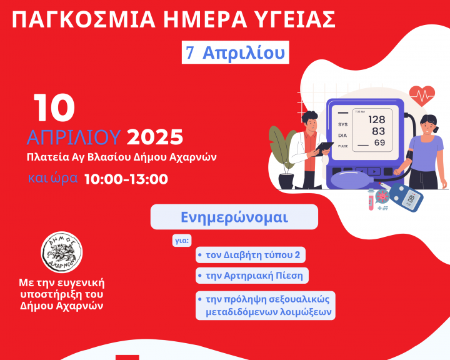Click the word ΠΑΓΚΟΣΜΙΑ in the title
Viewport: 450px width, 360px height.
(x=84, y=19)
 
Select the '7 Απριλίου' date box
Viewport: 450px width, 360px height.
(x=236, y=52)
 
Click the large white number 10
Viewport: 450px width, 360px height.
(x=54, y=107)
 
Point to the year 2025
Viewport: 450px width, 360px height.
(x=155, y=137)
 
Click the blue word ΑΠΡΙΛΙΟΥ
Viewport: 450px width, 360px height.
(x=74, y=137)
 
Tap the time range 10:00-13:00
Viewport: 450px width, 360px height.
(x=126, y=179)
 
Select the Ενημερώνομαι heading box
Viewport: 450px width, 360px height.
(x=234, y=217)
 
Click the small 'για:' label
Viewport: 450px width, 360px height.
(x=182, y=241)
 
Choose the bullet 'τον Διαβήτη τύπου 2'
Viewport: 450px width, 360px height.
(x=250, y=255)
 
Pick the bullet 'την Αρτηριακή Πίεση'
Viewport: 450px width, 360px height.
(x=252, y=276)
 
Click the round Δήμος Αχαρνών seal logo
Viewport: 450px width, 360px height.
(x=61, y=252)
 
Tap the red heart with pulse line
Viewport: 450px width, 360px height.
(x=422, y=96)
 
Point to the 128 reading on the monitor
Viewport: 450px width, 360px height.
(x=376, y=119)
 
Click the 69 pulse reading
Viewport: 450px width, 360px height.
(x=379, y=142)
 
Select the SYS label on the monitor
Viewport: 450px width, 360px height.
(x=342, y=124)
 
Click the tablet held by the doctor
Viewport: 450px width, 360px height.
(x=324, y=148)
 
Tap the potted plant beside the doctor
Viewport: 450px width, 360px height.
(x=282, y=157)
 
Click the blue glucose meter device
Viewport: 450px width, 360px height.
(x=406, y=197)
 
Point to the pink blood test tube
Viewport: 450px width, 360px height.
(x=371, y=199)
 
